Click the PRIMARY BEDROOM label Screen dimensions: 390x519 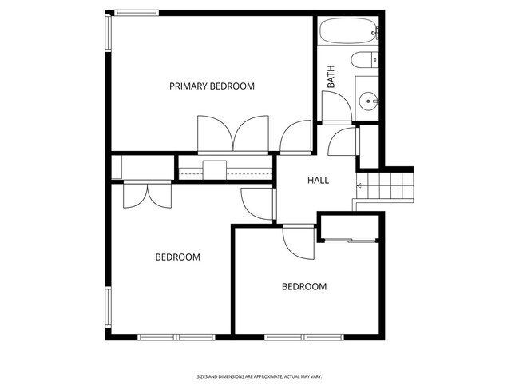click(212, 86)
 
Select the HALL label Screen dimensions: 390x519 click(318, 181)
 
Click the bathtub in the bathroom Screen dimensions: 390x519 click(348, 34)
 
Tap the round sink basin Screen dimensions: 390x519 click(368, 101)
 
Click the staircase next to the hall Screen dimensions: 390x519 click(387, 188)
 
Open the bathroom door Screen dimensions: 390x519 click(333, 105)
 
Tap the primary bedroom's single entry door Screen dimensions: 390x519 click(295, 137)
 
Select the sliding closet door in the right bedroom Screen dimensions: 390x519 click(350, 239)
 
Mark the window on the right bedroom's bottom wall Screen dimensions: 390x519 click(303, 336)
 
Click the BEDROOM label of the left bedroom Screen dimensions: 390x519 click(177, 257)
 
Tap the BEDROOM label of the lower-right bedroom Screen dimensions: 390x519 click(304, 286)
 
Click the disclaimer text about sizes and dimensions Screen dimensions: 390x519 click(259, 376)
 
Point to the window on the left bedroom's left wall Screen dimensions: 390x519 click(109, 308)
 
